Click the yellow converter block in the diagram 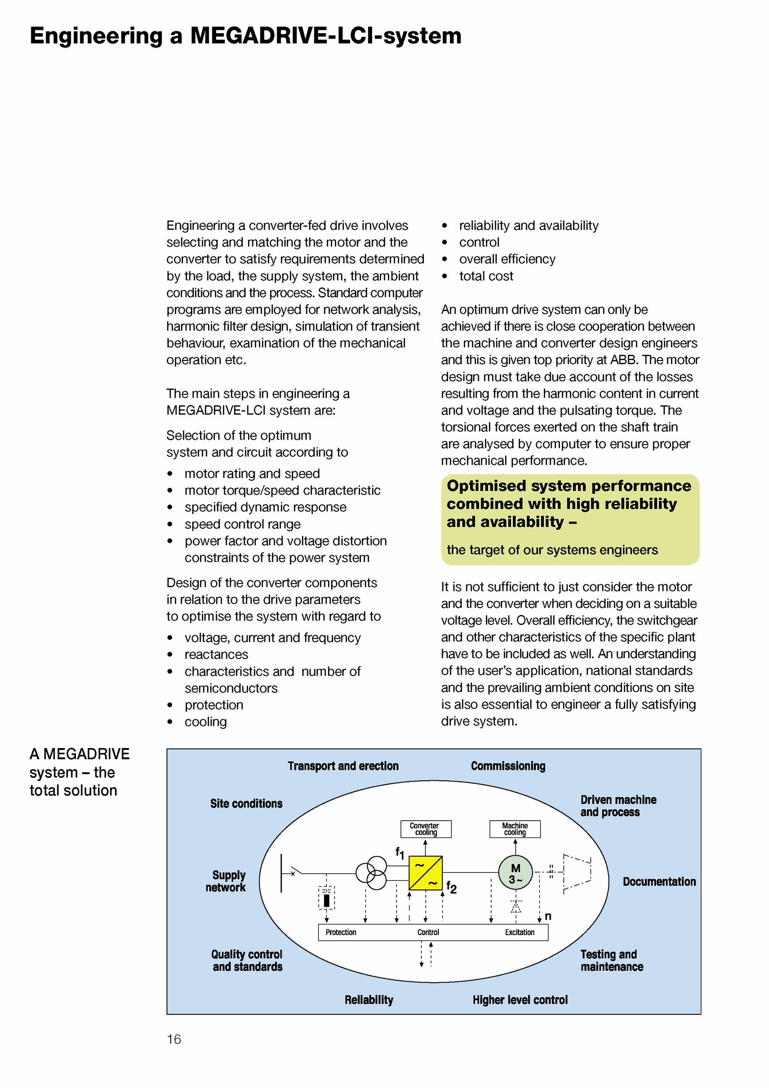pos(425,873)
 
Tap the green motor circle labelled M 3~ pos(515,873)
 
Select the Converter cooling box pos(426,829)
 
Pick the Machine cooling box pos(515,829)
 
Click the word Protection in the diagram pos(341,932)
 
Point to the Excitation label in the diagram pos(520,932)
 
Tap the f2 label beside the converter pos(451,887)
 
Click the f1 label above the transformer pos(399,853)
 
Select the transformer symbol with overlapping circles pos(371,873)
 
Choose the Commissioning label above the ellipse pos(508,766)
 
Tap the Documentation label pos(659,881)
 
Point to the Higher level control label pos(520,1000)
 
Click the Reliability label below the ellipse pos(369,1000)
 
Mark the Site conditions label pos(246,803)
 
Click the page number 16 pos(174,1039)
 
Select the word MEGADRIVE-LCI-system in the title pos(325,36)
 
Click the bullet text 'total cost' pos(486,276)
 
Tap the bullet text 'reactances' pos(216,654)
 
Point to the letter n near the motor pos(548,916)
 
